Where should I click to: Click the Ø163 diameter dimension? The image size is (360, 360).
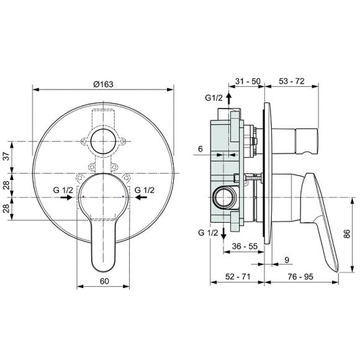[x=104, y=85]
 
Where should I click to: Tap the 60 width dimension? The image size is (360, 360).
[x=104, y=281]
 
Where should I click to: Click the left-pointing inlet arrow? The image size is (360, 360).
[x=142, y=197]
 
